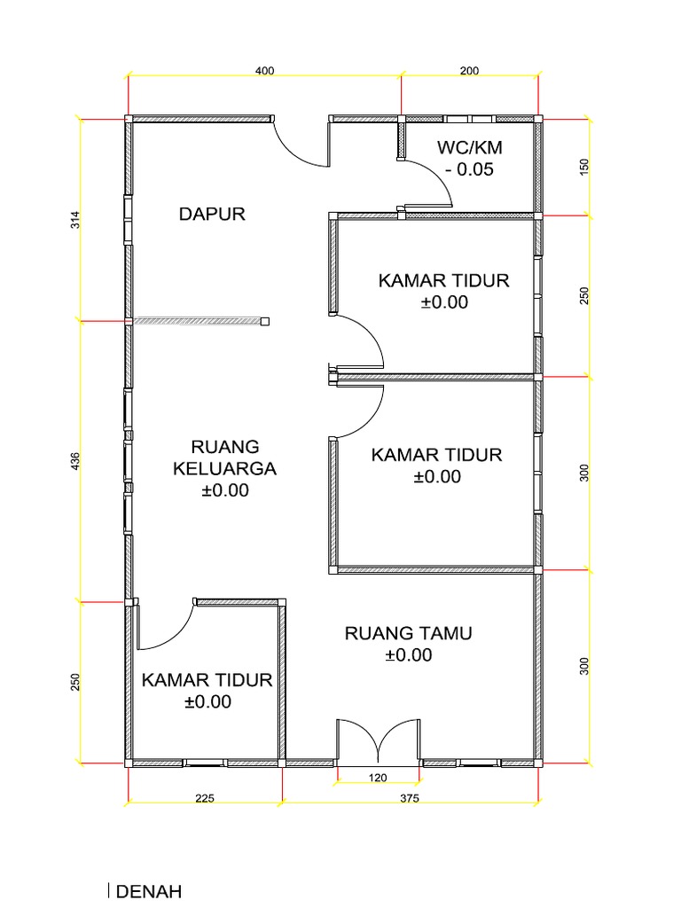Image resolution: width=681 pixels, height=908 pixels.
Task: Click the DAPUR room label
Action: coord(211,214)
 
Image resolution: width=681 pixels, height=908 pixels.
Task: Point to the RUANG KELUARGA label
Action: coord(225,458)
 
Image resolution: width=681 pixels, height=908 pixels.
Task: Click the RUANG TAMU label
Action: coord(408,633)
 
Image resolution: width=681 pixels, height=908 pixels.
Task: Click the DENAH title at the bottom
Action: coord(149,891)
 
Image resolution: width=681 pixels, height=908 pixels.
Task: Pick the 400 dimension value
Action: coord(264,70)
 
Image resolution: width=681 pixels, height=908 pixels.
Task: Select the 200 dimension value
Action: coord(470,70)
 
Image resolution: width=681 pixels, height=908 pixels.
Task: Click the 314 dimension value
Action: coord(75,220)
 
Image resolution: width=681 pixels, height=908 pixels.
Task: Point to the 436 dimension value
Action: coord(75,461)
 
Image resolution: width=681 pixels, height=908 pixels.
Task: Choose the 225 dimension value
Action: coord(205,798)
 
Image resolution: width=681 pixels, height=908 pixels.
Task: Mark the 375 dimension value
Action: coord(409,798)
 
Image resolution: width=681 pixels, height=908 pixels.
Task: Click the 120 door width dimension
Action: coord(378,778)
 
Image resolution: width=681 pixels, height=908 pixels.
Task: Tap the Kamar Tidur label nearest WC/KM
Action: coord(443,281)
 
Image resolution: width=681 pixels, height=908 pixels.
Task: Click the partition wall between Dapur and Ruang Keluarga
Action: coord(198,321)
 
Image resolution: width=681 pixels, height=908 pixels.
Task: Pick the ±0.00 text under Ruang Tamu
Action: coord(408,655)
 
